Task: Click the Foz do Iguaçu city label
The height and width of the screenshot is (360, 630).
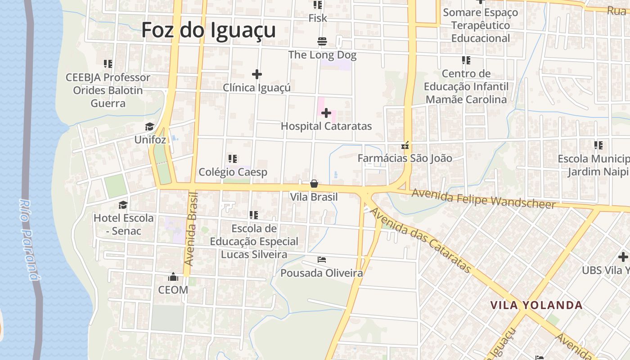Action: coord(208,31)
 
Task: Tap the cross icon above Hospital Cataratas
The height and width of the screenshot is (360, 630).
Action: coord(326,113)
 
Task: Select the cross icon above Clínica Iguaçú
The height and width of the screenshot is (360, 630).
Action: coord(257,74)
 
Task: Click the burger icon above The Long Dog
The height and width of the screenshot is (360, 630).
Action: coord(322,42)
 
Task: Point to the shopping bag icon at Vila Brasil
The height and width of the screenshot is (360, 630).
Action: coord(314,184)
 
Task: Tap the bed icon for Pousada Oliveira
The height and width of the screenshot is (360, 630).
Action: coord(322,260)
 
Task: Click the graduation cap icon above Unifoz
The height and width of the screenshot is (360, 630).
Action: coord(150,126)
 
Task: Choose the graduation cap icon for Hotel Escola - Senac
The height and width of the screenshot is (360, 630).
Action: coord(123,205)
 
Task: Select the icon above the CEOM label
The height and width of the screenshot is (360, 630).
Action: coord(173,276)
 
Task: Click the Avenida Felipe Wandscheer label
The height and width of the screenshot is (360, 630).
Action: coord(484,198)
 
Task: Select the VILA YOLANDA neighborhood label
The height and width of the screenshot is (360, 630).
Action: coord(536,305)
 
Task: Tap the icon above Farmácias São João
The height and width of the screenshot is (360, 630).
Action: coord(405,145)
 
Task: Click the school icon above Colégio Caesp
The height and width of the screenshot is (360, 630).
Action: coord(233,159)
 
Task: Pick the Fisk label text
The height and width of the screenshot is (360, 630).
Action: coord(318,18)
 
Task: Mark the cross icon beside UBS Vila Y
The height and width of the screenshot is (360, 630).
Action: coord(623,257)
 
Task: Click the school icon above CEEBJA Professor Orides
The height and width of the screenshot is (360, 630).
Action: coord(108,64)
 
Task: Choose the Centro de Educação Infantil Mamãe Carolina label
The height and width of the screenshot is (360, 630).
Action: coord(466,86)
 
